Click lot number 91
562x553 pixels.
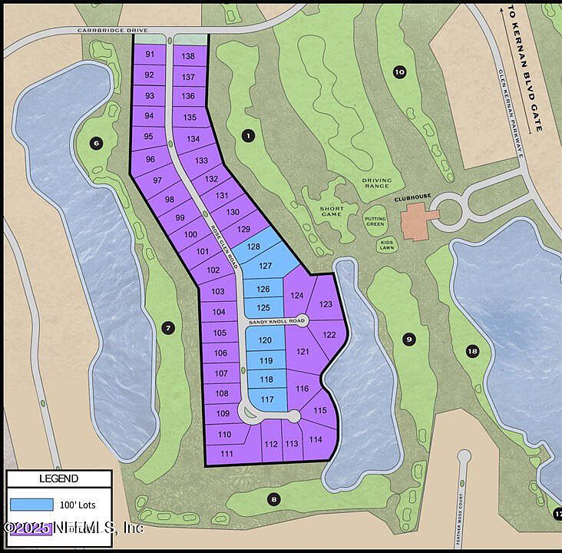pyautogui.click(x=150, y=55)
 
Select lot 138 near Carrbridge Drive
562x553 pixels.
pyautogui.click(x=188, y=56)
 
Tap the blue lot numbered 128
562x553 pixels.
pyautogui.click(x=253, y=247)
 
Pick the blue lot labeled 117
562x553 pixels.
pyautogui.click(x=267, y=399)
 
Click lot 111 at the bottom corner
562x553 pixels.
pyautogui.click(x=226, y=453)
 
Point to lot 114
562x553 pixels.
pyautogui.click(x=316, y=439)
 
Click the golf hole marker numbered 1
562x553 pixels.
pyautogui.click(x=248, y=136)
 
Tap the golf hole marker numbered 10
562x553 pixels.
pyautogui.click(x=399, y=72)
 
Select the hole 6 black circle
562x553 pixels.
pyautogui.click(x=96, y=143)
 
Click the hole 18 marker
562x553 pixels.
pyautogui.click(x=472, y=351)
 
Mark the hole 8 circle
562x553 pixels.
pyautogui.click(x=274, y=499)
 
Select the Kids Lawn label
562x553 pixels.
pyautogui.click(x=386, y=246)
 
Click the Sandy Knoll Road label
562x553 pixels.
pyautogui.click(x=276, y=320)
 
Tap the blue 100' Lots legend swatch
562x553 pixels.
pyautogui.click(x=32, y=505)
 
